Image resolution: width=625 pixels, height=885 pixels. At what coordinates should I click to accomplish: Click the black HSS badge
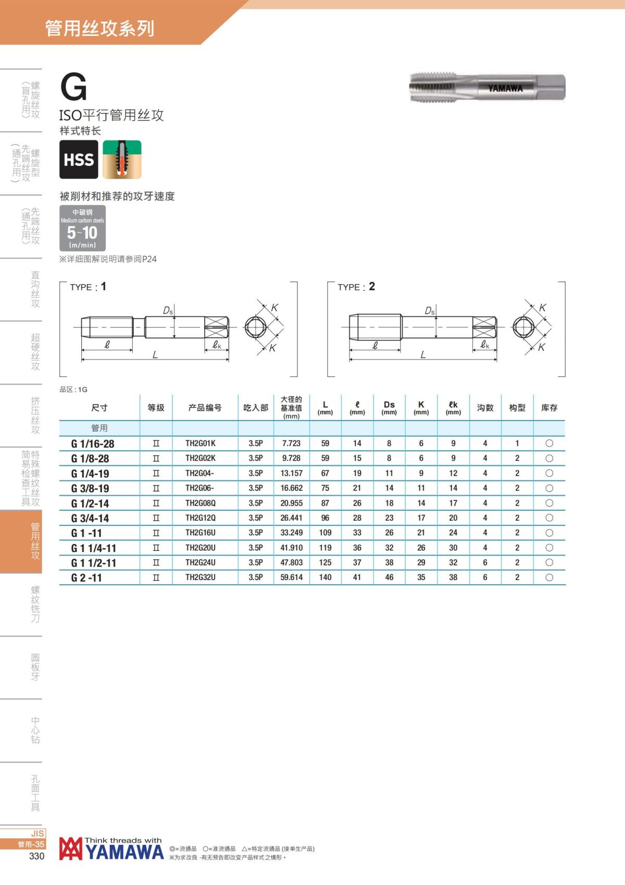point(79,159)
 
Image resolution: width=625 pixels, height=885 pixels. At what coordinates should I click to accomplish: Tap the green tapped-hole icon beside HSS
point(122,159)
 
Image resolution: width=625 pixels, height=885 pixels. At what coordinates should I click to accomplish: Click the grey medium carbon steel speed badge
point(82,228)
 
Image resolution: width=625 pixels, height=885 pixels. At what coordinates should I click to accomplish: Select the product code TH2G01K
point(201,444)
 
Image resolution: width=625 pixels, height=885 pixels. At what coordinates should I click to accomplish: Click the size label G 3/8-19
point(90,488)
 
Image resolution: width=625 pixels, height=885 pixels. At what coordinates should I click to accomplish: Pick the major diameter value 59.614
point(291,577)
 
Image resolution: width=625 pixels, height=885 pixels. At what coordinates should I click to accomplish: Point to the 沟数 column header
point(485,408)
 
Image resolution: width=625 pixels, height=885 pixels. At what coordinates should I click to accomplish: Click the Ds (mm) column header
point(389,408)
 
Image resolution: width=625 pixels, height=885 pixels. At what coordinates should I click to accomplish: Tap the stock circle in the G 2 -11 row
point(549,577)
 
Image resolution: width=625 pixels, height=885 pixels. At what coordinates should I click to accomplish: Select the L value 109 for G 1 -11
point(326,533)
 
